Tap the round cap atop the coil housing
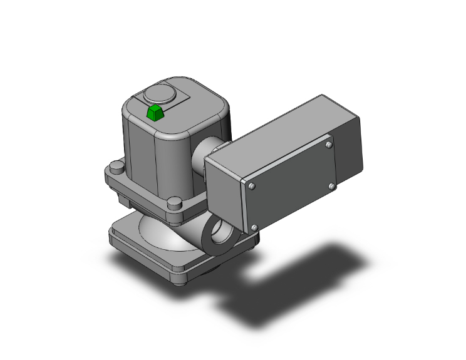[157, 96]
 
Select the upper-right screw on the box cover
[329, 145]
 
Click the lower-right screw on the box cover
[331, 186]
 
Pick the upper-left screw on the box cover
[252, 186]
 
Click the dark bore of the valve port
[220, 235]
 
